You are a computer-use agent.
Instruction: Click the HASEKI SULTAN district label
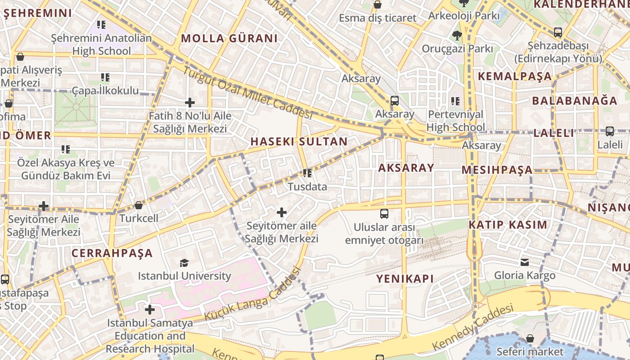299,141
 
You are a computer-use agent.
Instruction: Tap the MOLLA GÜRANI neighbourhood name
229,38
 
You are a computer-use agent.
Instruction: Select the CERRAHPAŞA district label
112,253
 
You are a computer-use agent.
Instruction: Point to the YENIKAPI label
405,279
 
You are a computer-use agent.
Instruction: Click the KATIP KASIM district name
508,225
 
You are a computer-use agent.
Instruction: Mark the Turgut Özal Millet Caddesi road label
247,92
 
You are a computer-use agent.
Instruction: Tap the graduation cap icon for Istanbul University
184,263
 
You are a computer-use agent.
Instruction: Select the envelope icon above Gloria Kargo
525,262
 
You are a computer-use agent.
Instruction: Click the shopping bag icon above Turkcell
139,205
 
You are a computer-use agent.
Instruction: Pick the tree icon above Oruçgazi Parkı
457,35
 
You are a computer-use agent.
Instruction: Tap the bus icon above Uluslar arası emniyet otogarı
384,214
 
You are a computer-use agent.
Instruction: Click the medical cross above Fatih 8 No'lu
190,103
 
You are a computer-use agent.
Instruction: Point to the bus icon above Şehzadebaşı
558,32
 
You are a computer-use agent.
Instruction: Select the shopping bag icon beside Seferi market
530,338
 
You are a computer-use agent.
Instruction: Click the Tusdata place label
307,186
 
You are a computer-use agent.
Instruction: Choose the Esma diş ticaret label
378,18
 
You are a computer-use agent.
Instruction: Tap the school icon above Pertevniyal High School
455,101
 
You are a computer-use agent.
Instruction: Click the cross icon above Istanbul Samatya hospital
150,310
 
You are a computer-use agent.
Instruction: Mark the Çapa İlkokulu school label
105,90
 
